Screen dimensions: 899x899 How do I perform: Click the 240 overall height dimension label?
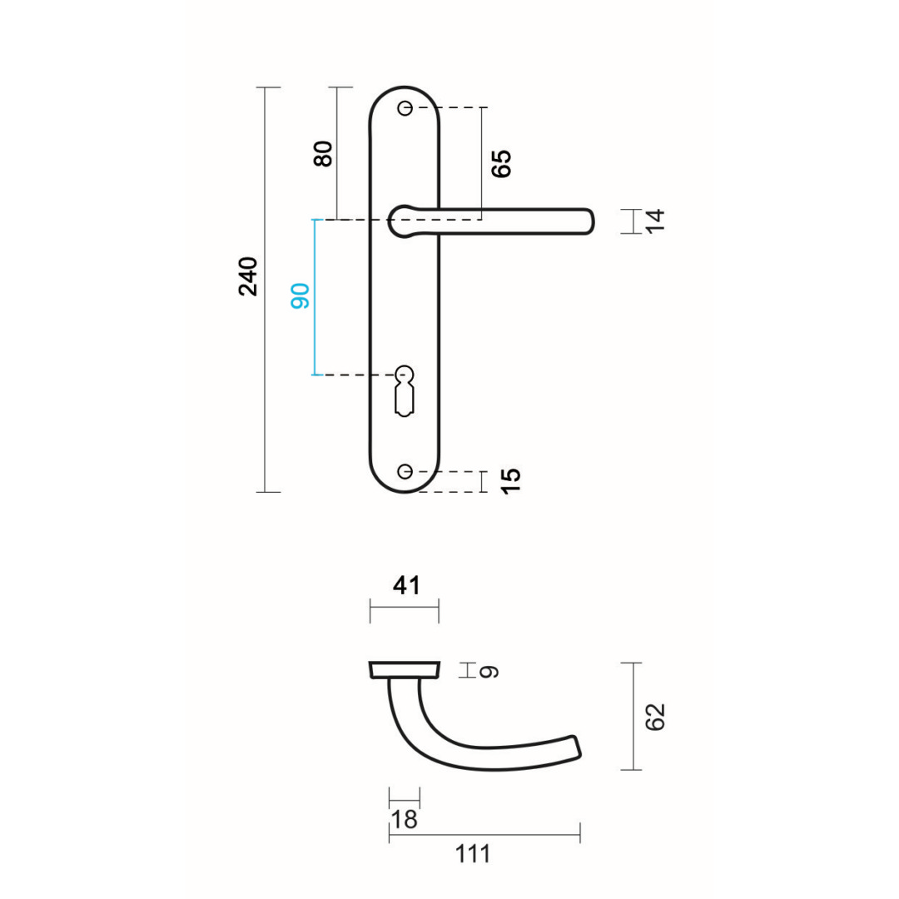[249, 276]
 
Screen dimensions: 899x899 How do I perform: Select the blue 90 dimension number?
[300, 296]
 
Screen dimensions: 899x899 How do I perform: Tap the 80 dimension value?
[323, 153]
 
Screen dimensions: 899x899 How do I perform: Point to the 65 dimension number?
[501, 164]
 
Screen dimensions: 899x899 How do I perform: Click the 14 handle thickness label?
[657, 221]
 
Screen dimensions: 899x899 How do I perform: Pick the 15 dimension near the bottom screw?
[512, 480]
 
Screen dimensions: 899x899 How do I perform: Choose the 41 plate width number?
[405, 586]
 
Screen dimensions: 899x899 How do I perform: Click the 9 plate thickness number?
[490, 671]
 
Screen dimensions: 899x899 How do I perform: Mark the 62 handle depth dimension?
[657, 717]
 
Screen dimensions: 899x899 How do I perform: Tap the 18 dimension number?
[404, 820]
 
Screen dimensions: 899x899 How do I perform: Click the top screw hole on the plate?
[405, 108]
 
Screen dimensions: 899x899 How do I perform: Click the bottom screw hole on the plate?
[405, 472]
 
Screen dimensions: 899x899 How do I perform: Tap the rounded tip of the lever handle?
[587, 221]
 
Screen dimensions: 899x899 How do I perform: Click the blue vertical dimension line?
[314, 296]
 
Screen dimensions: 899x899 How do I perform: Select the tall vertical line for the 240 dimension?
[266, 290]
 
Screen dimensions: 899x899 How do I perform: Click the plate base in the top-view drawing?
[404, 670]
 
